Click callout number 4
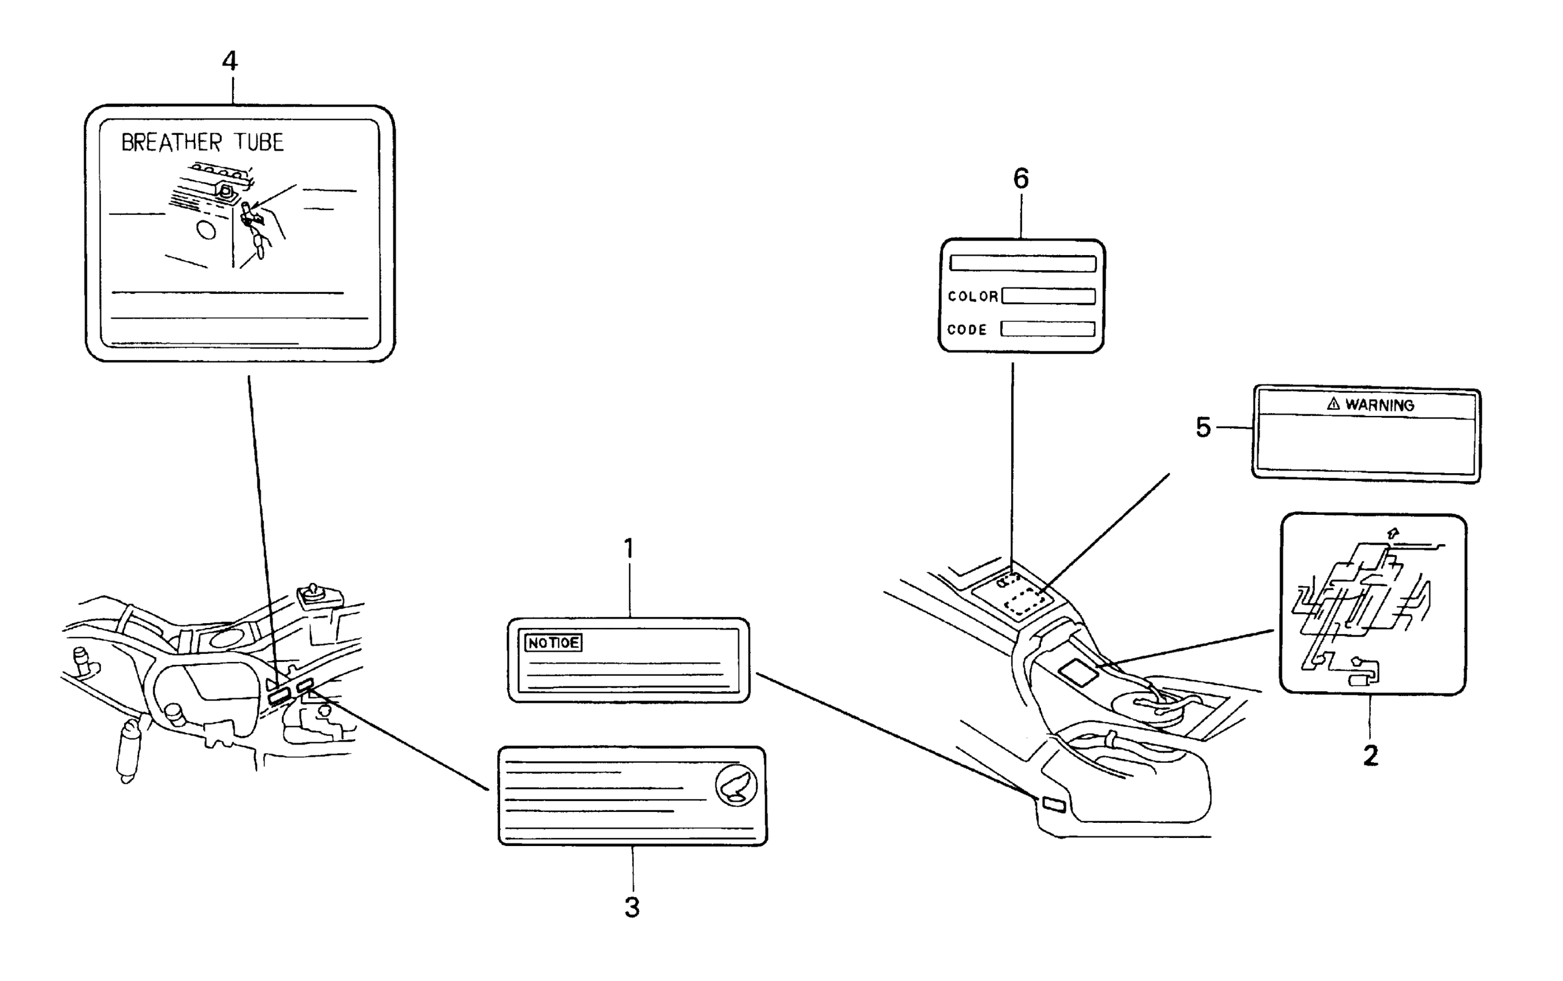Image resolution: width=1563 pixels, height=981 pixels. [x=230, y=62]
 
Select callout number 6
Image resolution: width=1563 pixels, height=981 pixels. [x=1021, y=179]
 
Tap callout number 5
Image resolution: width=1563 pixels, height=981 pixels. [x=1203, y=428]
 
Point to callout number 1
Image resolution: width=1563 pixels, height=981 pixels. [x=628, y=549]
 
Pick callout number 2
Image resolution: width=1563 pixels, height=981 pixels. [x=1370, y=756]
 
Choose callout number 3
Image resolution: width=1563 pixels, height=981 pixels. [x=632, y=908]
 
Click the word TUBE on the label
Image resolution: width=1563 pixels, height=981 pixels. [x=260, y=143]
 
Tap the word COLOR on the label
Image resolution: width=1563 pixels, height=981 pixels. [x=972, y=297]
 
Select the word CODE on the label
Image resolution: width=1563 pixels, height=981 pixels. [x=967, y=330]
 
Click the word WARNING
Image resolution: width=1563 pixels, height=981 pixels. [x=1379, y=405]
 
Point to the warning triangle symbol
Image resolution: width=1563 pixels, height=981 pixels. [x=1334, y=404]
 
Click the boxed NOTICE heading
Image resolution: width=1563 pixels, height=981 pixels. [x=553, y=643]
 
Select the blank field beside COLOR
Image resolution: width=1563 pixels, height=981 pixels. [x=1049, y=297]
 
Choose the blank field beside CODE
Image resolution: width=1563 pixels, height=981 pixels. [x=1047, y=329]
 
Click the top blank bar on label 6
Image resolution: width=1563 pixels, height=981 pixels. [x=1023, y=263]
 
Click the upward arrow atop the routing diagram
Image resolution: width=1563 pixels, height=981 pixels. [x=1392, y=533]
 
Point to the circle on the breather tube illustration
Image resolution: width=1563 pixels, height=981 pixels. [x=206, y=230]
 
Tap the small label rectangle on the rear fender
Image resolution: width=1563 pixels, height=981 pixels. [x=1054, y=805]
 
